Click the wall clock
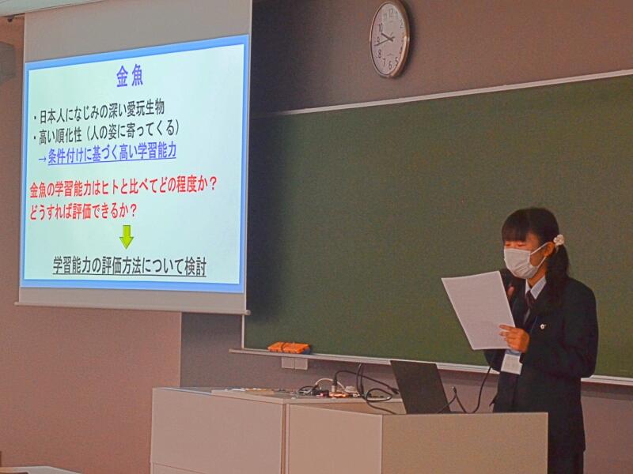coord(389,38)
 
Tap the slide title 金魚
coord(130,76)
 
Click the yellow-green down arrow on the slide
coord(127,236)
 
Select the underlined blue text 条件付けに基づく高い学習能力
coord(112,153)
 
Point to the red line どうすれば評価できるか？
coord(83,212)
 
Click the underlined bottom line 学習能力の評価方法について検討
coord(130,265)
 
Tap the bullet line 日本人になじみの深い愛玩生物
coord(99,112)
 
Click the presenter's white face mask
coord(522,262)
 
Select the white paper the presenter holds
coord(479,310)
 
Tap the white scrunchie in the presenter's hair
coord(559,240)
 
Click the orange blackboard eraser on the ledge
coord(289,348)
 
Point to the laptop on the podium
coord(420,386)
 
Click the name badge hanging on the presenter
coord(511,362)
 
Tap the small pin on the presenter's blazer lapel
coord(542,326)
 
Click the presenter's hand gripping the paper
coord(514,337)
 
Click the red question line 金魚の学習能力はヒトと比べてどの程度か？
coord(123,186)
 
